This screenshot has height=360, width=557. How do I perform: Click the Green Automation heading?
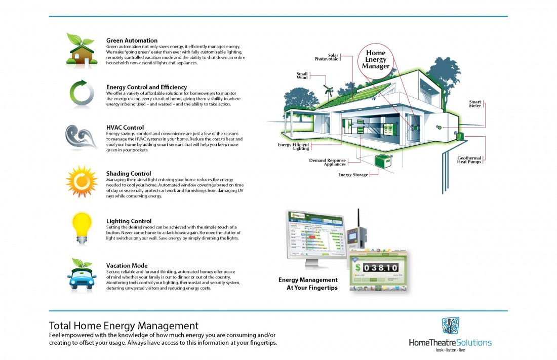click(x=132, y=41)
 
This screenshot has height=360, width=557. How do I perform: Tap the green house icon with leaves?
click(x=81, y=49)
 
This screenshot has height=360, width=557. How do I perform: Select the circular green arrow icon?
click(x=81, y=94)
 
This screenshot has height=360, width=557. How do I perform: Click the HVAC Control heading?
click(x=125, y=127)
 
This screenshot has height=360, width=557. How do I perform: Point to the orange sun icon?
click(x=81, y=181)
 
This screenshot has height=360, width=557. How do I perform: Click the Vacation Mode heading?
click(x=127, y=265)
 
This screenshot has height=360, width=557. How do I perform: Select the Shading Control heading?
click(x=129, y=174)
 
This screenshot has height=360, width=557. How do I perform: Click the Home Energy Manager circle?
click(x=376, y=59)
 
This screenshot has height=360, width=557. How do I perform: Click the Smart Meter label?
click(x=474, y=104)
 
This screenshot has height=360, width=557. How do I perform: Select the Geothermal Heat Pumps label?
click(x=469, y=160)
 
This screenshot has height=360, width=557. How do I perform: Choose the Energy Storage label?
click(x=353, y=175)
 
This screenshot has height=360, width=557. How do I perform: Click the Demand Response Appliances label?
click(x=328, y=163)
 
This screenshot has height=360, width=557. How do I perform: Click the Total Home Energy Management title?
click(x=124, y=325)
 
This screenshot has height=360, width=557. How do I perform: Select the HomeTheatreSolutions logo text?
click(x=450, y=342)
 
